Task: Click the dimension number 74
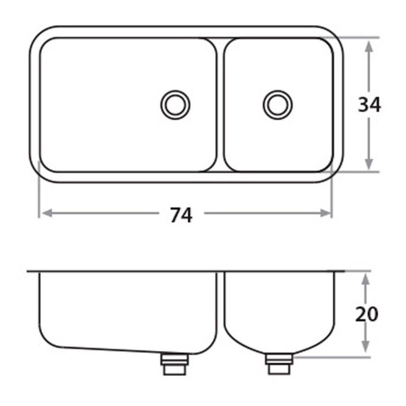pyautogui.click(x=181, y=215)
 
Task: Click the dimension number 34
pyautogui.click(x=369, y=105)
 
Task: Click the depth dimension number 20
pyautogui.click(x=367, y=315)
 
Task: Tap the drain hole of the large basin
pyautogui.click(x=176, y=105)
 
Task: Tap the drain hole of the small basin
pyautogui.click(x=278, y=105)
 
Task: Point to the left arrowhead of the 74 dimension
pyautogui.click(x=47, y=213)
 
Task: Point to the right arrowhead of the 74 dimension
pyautogui.click(x=326, y=213)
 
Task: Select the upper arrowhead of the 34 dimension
pyautogui.click(x=368, y=47)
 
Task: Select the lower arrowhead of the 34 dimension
pyautogui.click(x=368, y=164)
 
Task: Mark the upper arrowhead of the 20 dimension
pyautogui.click(x=365, y=279)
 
